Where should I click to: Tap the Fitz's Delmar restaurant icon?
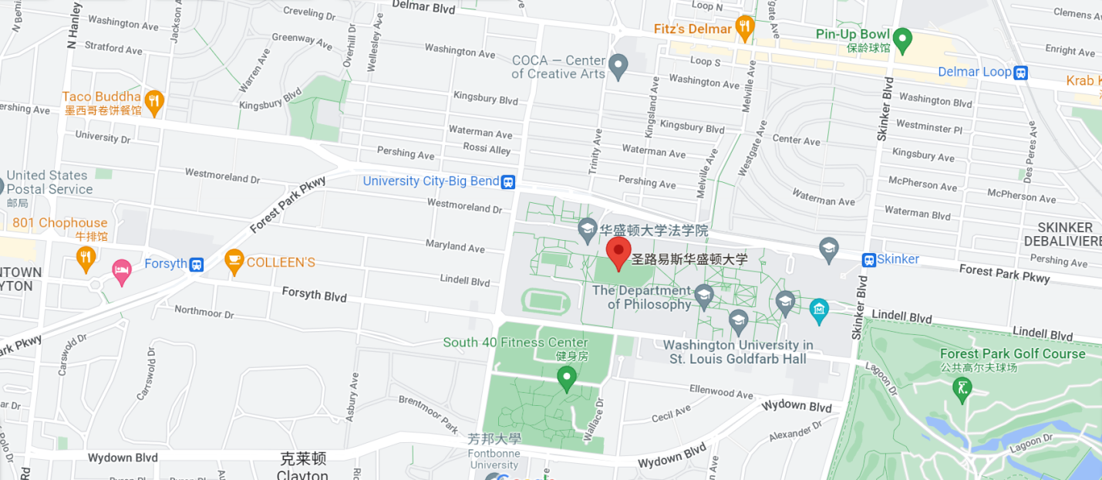click(744, 28)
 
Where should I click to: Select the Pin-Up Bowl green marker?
click(902, 36)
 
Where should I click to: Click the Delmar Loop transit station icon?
click(1021, 73)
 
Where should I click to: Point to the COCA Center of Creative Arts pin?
click(618, 66)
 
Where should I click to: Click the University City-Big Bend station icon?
click(508, 182)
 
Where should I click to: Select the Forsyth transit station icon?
click(197, 264)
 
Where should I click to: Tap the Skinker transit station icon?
click(868, 260)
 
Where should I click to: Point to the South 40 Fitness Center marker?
click(567, 377)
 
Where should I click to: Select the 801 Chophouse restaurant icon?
click(86, 257)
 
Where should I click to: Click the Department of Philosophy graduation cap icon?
click(703, 295)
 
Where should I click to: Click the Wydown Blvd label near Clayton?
click(123, 458)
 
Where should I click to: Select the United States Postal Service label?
click(49, 182)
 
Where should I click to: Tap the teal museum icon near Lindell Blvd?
click(819, 311)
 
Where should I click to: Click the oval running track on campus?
click(546, 301)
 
